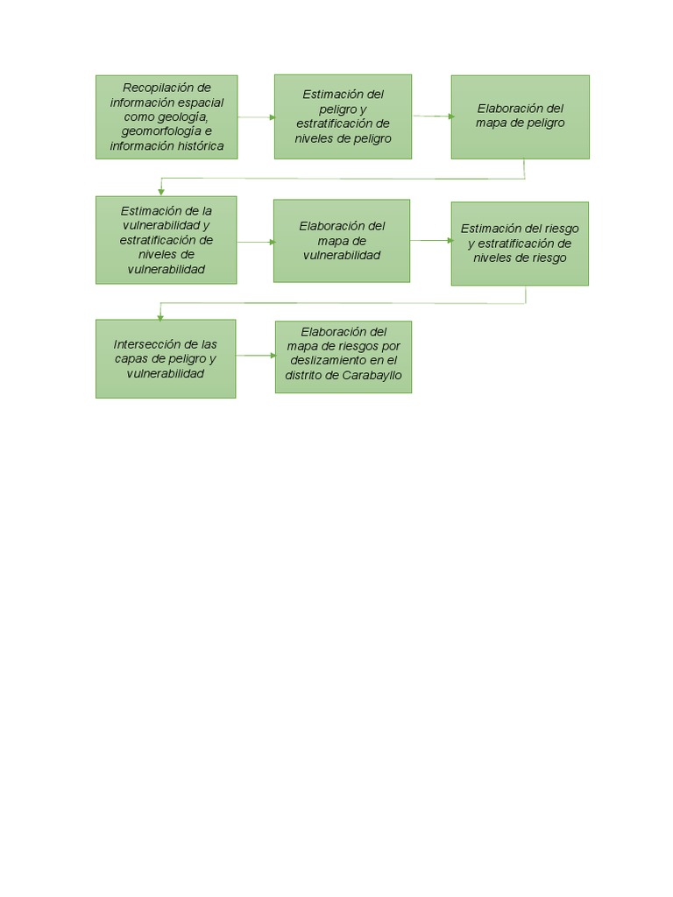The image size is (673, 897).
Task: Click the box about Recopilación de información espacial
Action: [166, 117]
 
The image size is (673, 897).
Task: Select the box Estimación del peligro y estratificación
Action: [343, 117]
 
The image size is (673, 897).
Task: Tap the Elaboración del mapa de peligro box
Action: [520, 117]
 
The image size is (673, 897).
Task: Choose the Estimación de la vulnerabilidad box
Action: [166, 240]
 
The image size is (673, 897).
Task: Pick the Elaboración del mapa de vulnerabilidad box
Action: [342, 241]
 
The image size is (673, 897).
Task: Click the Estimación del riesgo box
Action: [520, 244]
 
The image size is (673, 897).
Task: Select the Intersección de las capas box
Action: [166, 358]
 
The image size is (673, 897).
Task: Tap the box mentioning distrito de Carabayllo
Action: [344, 357]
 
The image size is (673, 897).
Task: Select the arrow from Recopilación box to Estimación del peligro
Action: [256, 117]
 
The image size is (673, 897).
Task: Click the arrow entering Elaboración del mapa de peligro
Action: [433, 116]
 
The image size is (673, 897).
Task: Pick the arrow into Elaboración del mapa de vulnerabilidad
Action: [255, 241]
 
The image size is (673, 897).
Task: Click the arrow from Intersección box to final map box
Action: [256, 356]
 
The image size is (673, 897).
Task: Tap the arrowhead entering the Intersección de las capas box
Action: [160, 314]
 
